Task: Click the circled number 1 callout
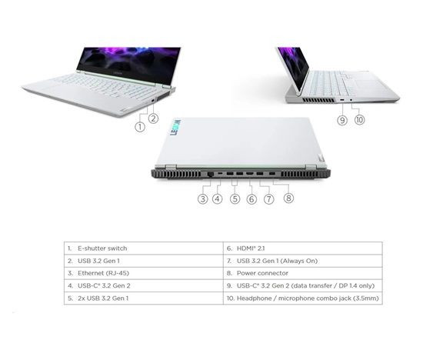click(x=140, y=127)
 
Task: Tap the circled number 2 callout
click(x=153, y=118)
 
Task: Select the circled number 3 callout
click(x=203, y=199)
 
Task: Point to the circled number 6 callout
click(x=251, y=199)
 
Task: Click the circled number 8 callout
click(x=288, y=198)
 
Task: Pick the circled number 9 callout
click(x=342, y=119)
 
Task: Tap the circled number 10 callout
click(x=359, y=119)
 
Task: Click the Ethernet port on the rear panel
click(x=210, y=175)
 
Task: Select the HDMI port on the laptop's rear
click(x=249, y=174)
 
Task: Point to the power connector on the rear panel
click(x=272, y=174)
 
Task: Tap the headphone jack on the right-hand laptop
click(x=351, y=100)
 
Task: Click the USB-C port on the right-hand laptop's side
click(x=341, y=100)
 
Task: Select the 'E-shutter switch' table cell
click(x=102, y=248)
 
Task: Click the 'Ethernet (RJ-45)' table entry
click(x=103, y=273)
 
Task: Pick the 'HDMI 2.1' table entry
click(x=251, y=248)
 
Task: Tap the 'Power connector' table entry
click(x=262, y=273)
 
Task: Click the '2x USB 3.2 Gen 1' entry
click(x=103, y=298)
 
